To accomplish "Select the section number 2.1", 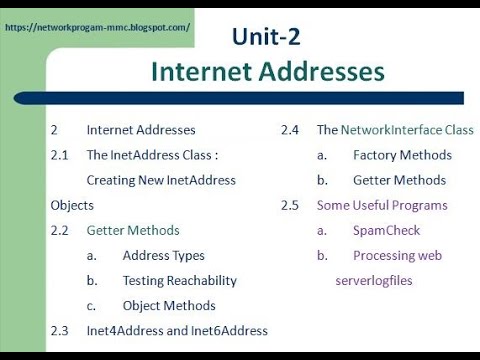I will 59,155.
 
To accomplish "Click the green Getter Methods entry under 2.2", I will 133,230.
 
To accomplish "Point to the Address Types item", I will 163,255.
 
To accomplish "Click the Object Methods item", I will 168,305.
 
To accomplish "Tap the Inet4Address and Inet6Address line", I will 177,330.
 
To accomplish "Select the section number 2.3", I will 59,330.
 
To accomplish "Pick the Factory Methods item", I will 402,155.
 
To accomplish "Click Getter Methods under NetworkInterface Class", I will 399,180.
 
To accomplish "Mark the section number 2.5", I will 290,205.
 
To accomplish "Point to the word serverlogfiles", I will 373,280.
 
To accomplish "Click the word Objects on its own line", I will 72,205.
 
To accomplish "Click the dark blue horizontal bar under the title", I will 250,98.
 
